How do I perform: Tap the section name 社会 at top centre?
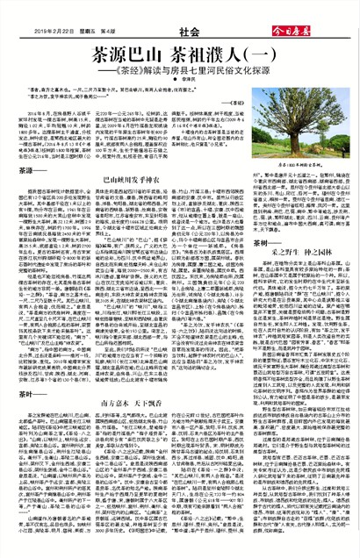tap(180, 13)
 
